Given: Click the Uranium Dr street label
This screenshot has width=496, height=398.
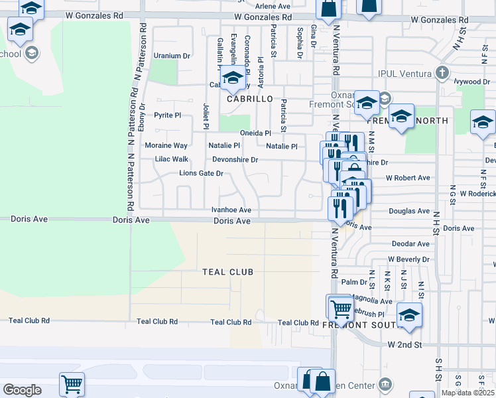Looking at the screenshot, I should point(172,56).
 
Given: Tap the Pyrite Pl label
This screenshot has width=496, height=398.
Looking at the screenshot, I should point(167,115).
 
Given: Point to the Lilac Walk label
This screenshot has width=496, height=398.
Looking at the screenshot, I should point(171,159).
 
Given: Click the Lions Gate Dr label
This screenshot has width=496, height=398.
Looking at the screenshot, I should point(201,174).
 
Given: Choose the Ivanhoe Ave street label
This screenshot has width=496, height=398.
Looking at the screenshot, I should point(231,210).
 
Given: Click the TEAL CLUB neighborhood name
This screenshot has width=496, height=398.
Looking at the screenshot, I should point(227,272).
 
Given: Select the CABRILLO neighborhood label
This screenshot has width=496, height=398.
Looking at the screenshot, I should point(250,99).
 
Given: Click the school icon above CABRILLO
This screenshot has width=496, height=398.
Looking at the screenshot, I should point(233,79).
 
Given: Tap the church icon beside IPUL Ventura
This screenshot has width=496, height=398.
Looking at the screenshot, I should point(442,72).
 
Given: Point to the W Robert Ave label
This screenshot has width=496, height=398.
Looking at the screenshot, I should point(408,178).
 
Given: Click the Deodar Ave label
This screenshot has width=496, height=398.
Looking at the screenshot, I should point(410,244).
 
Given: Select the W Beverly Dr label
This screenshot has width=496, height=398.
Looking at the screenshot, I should point(409,259).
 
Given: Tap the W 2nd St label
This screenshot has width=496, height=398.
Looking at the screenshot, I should point(404,345).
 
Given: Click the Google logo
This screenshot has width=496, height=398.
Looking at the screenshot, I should point(22,390).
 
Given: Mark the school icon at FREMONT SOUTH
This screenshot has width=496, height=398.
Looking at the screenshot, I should point(410,316).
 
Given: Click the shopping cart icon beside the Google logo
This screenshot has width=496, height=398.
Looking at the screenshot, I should point(72,383).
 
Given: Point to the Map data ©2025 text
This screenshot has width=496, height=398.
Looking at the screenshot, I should point(467,393).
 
